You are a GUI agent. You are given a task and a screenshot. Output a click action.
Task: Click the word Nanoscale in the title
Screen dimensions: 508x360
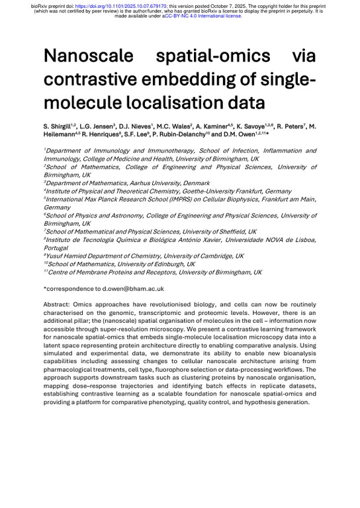tap(90, 56)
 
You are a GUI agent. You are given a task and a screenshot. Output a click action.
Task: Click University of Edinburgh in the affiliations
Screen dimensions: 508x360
tap(152, 264)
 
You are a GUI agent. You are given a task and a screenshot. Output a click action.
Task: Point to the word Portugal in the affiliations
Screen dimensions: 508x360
tap(58, 248)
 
